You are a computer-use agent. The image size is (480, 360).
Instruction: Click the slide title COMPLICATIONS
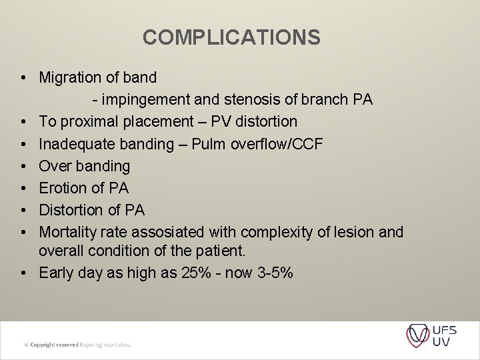pyautogui.click(x=231, y=37)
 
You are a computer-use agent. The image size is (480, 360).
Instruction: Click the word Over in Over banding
pyautogui.click(x=55, y=165)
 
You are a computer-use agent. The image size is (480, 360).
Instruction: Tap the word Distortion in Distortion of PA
pyautogui.click(x=72, y=210)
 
